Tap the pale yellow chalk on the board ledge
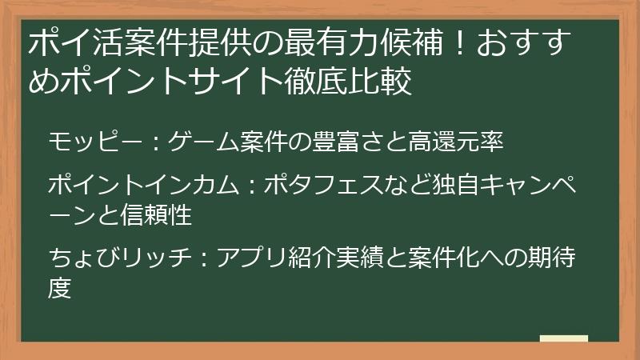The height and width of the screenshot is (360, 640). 563,339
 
